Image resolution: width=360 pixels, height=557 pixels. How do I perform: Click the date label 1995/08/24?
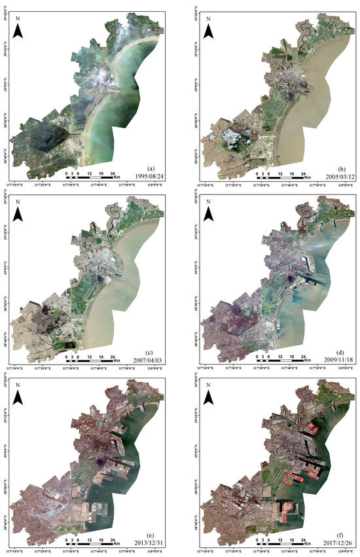(x=153, y=176)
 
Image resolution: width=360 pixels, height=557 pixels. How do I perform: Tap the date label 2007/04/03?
(x=153, y=360)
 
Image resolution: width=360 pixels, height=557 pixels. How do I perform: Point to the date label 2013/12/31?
(x=153, y=543)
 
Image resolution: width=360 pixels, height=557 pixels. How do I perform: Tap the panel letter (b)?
(x=339, y=168)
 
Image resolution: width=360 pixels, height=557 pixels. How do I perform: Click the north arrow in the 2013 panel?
(x=20, y=397)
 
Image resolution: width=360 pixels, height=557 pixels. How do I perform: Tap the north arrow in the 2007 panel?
(x=20, y=213)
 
